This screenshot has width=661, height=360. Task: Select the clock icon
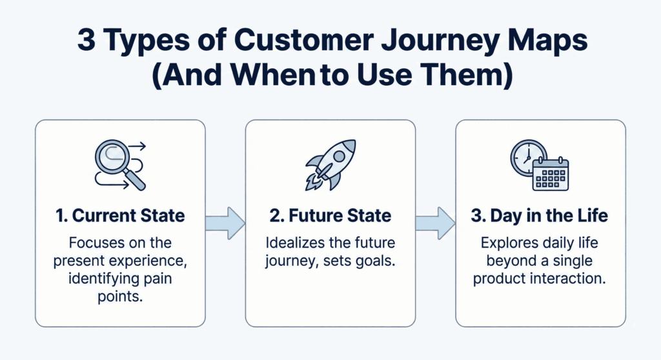tap(527, 157)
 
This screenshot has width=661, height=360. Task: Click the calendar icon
tap(551, 174)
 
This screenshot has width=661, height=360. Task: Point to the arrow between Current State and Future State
tap(225, 223)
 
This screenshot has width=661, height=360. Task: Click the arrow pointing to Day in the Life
tap(435, 223)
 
